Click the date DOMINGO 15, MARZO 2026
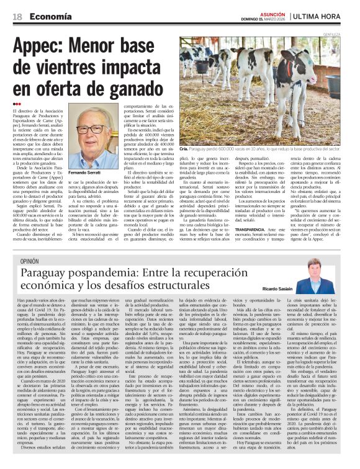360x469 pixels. click(x=268, y=20)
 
